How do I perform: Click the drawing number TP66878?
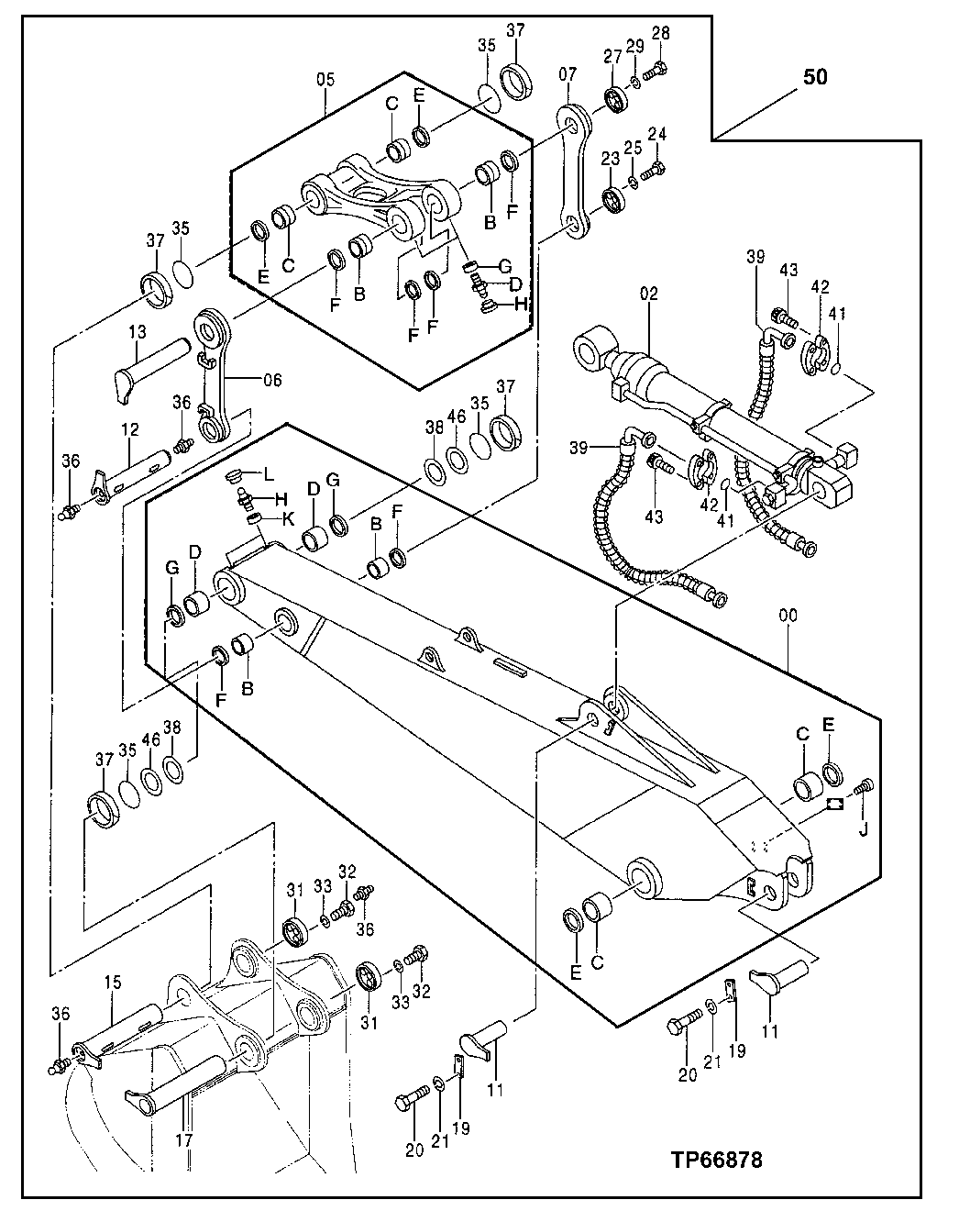coord(714,1160)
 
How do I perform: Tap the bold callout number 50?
coord(815,78)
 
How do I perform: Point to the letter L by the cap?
coord(269,474)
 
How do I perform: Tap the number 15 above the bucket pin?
coord(112,983)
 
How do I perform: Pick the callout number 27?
coord(612,56)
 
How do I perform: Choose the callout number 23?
coord(611,159)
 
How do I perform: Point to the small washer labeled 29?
coord(634,84)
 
